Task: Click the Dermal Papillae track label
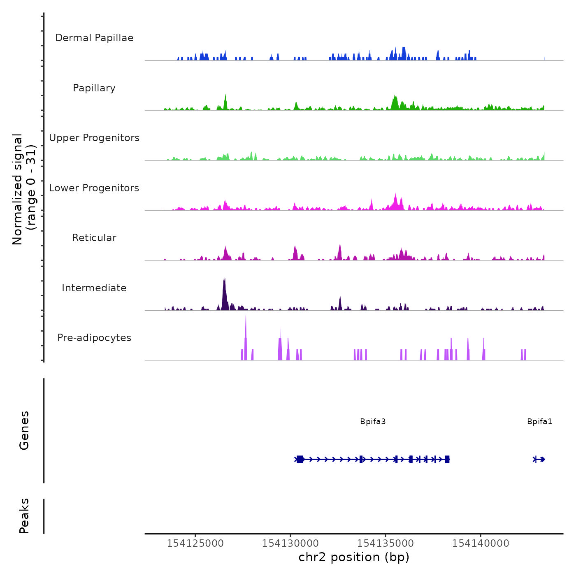(x=94, y=38)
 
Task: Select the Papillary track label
(x=94, y=88)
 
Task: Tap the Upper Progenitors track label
(x=94, y=138)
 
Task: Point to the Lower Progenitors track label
(x=94, y=188)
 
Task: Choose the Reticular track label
(x=94, y=238)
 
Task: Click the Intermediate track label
(x=94, y=288)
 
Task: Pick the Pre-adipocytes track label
(x=94, y=338)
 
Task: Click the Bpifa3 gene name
(x=373, y=421)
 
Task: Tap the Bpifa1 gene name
(x=539, y=421)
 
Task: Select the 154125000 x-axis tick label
(x=195, y=543)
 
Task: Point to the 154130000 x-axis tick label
(x=290, y=543)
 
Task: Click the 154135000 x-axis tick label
(x=386, y=543)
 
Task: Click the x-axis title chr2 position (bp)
(x=354, y=557)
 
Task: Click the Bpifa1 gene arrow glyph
(x=539, y=459)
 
